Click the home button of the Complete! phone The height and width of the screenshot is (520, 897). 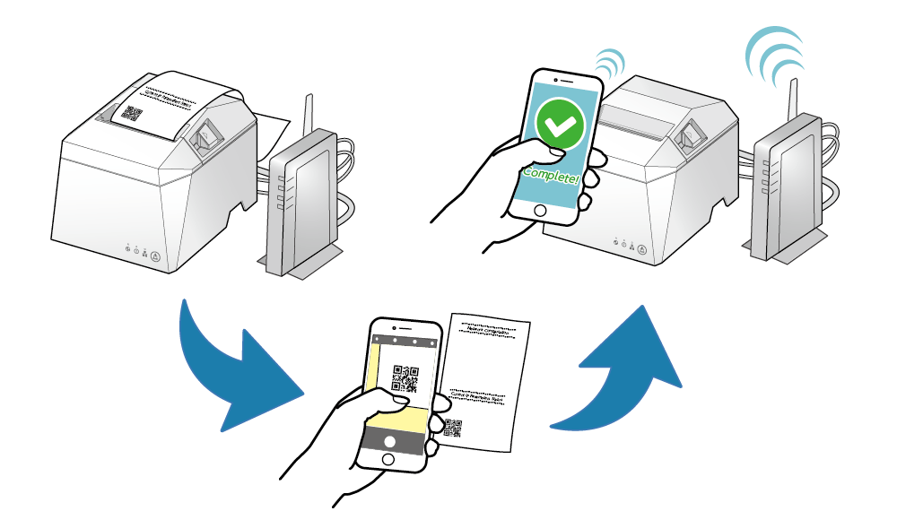(x=539, y=211)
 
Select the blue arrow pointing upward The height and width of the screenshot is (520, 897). (x=628, y=368)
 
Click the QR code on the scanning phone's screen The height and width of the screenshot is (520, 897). (x=405, y=377)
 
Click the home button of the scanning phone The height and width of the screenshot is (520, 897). (x=388, y=459)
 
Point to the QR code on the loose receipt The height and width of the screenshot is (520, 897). (x=453, y=428)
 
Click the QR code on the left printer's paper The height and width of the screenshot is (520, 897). (x=132, y=114)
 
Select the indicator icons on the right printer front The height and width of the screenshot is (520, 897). (x=631, y=241)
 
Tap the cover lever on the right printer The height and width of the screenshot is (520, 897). (x=692, y=135)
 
